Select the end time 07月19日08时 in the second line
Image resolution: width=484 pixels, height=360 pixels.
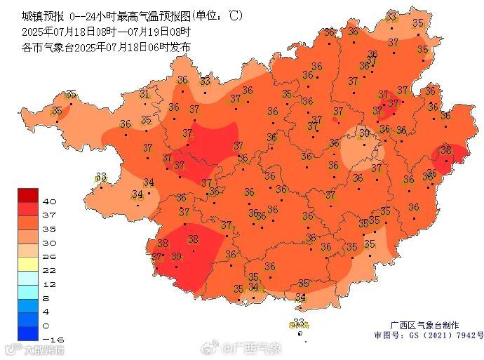pos(159,32)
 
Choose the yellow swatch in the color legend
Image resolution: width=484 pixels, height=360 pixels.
pos(27,264)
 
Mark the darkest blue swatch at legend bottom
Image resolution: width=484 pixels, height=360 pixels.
pos(27,333)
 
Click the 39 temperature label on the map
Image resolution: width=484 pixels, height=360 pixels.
pos(176,257)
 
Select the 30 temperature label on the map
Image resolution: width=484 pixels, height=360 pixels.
pos(364,133)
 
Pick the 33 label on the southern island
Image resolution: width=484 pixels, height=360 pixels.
pos(300,322)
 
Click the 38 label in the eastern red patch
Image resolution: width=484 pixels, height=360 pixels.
pos(446,150)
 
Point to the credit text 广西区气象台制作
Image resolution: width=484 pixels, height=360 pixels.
pos(425,326)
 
